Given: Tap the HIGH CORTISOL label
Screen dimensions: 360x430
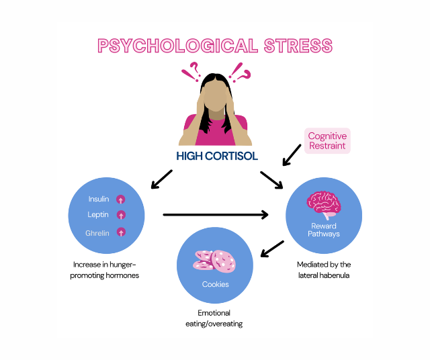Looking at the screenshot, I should click(x=215, y=156).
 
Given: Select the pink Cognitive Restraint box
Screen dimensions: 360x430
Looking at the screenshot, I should click(x=327, y=141).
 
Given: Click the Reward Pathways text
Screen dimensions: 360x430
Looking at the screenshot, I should click(x=325, y=230).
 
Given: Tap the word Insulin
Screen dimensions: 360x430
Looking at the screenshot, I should click(x=99, y=199).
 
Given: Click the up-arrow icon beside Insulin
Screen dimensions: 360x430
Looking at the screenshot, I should click(x=121, y=199).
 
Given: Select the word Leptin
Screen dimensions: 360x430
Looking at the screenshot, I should click(x=98, y=215).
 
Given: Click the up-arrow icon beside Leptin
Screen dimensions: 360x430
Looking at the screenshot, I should click(x=121, y=215).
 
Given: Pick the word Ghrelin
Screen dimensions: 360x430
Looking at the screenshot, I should click(x=97, y=232).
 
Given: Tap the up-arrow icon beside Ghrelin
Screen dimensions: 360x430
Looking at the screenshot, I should click(x=121, y=232).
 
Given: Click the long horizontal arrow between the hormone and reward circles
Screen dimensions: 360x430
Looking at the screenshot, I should click(x=215, y=215).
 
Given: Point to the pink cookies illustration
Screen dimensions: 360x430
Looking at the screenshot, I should click(x=215, y=260).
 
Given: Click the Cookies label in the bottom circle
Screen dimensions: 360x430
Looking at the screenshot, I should click(x=215, y=284).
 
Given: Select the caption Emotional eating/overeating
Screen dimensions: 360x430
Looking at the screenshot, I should click(x=214, y=318).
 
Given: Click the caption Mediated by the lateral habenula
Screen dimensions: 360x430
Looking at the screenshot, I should click(x=324, y=270).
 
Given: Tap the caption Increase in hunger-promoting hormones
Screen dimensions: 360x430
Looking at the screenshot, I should click(x=105, y=270).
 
